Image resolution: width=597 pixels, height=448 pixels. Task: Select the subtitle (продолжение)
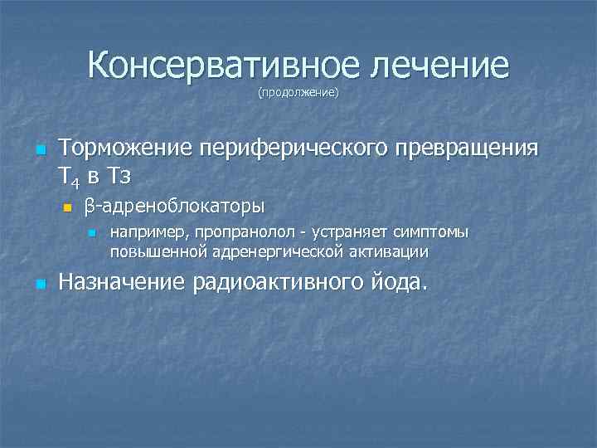298,92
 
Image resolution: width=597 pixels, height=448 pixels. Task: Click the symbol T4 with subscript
69,176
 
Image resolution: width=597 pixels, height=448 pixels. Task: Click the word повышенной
158,250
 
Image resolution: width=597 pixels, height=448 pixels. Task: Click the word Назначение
123,283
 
